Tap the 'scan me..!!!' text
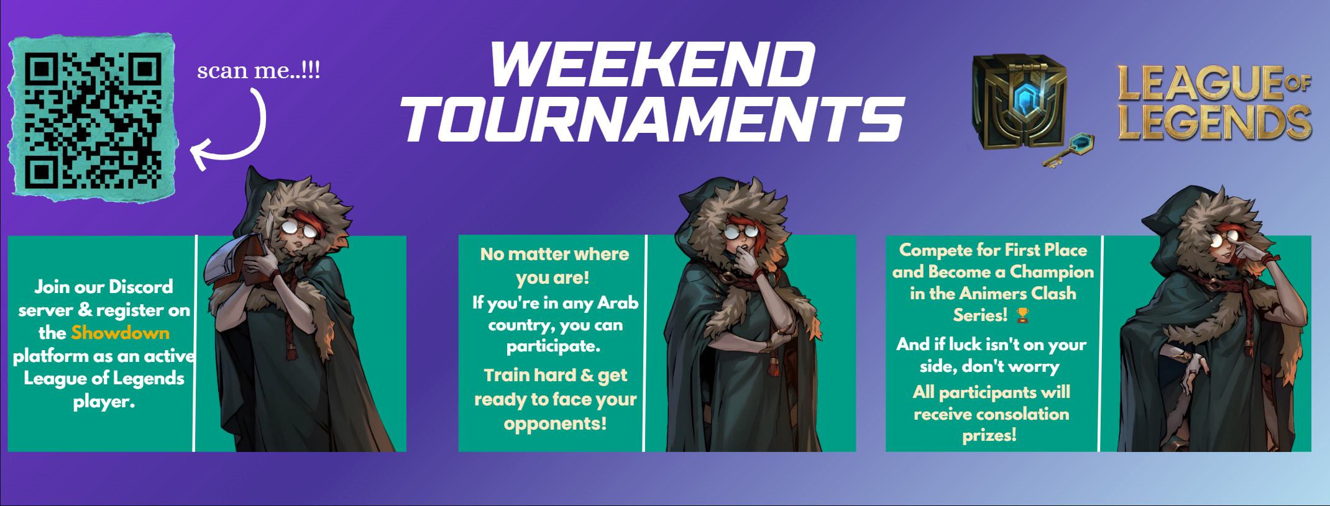[259, 70]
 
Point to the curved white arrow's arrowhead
[199, 155]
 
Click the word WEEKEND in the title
[653, 65]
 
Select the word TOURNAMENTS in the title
[653, 119]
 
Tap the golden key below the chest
[1069, 150]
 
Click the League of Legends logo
[1215, 102]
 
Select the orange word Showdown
[120, 333]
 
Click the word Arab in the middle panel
[618, 302]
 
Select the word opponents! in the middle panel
[555, 424]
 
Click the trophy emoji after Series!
[1022, 315]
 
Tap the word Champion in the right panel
[1052, 272]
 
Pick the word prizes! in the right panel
[989, 435]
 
